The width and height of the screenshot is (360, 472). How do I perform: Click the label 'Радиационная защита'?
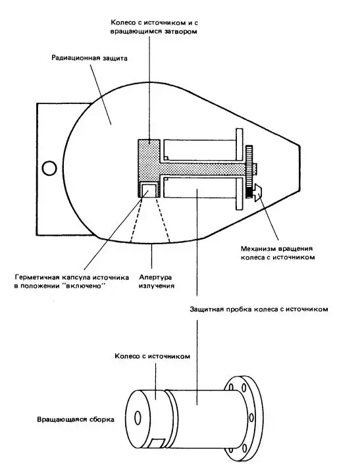[x=90, y=58]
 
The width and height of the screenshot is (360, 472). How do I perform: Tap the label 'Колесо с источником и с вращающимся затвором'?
[x=154, y=27]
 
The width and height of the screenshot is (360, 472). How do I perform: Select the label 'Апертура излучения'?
[x=156, y=282]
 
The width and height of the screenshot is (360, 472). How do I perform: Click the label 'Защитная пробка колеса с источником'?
[x=259, y=309]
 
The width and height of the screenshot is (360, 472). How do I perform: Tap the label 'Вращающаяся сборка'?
[x=76, y=419]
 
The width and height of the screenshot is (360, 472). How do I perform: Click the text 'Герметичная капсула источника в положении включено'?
[x=71, y=282]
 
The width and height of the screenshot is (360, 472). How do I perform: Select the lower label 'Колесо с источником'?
[x=152, y=356]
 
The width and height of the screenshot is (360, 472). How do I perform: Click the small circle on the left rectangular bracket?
[x=49, y=169]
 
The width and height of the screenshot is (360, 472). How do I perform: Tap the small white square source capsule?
[x=149, y=190]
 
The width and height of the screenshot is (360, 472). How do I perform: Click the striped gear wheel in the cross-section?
[x=249, y=172]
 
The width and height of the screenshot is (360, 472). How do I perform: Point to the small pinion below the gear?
[x=257, y=193]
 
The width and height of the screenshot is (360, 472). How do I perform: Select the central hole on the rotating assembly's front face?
[x=138, y=418]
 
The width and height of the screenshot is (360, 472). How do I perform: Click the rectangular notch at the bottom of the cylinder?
[x=158, y=443]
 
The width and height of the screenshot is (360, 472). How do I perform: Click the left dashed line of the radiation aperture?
[x=136, y=219]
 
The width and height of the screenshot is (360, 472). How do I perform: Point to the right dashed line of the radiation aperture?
[x=163, y=219]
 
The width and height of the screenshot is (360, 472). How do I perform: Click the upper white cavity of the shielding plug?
[x=199, y=149]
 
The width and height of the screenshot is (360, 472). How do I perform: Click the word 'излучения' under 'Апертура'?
[x=157, y=286]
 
